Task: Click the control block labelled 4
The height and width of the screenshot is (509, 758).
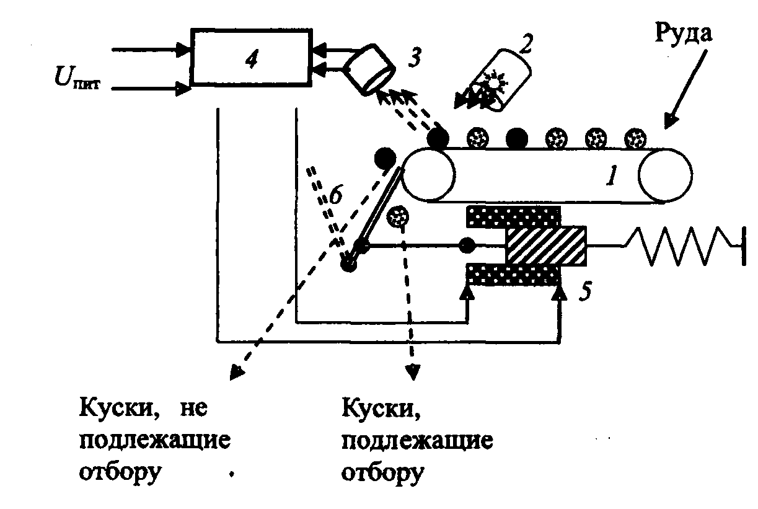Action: point(250,56)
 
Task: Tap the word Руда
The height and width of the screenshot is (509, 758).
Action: point(684,34)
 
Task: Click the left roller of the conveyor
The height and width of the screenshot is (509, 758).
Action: point(428,174)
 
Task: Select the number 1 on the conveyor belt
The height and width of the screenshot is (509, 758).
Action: point(611,177)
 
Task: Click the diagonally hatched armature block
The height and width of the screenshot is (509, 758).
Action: point(546,246)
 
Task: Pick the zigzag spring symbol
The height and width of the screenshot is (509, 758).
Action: point(679,246)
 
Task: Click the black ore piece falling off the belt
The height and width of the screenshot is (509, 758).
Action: point(386,158)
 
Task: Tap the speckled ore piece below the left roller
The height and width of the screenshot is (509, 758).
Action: point(397,217)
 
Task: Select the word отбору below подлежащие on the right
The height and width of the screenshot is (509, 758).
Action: point(383,472)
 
